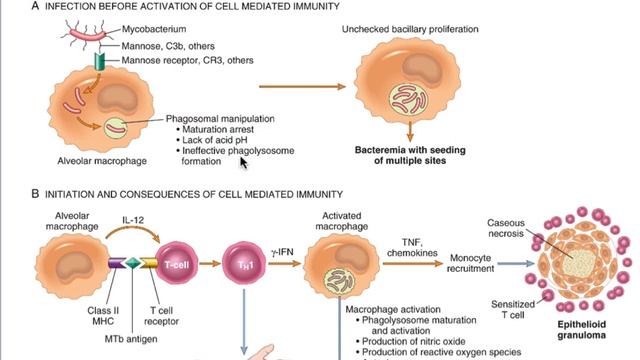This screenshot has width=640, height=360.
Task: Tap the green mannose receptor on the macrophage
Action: click(98, 63)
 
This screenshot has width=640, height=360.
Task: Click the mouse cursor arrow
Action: click(242, 159)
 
